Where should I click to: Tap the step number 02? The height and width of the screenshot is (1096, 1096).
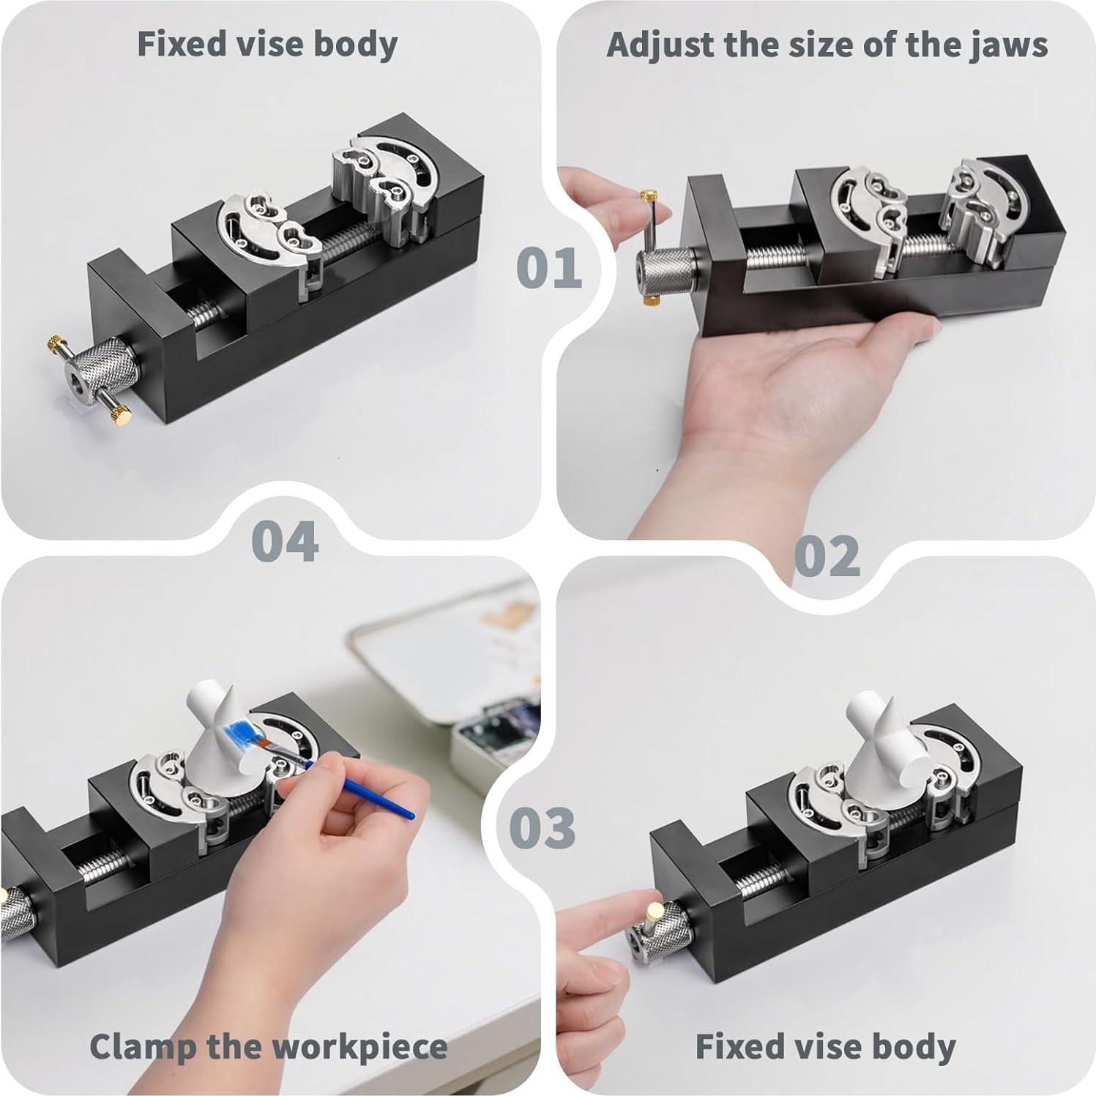click(827, 556)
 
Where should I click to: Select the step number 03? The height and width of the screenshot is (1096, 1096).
click(543, 828)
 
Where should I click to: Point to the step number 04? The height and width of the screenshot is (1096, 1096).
click(285, 542)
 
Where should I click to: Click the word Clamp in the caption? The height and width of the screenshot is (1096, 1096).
click(141, 1047)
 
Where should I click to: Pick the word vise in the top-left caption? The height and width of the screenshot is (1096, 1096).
click(269, 44)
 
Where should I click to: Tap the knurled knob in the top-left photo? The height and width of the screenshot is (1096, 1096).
click(111, 362)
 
